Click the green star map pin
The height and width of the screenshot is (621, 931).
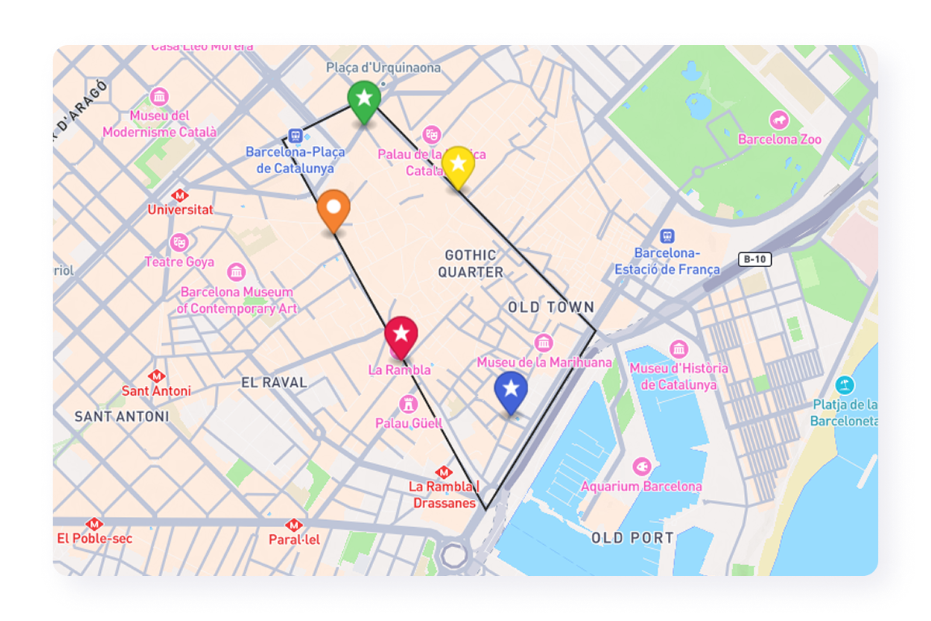click(363, 99)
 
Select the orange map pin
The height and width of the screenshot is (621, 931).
click(334, 208)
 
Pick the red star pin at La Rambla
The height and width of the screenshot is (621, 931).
click(401, 335)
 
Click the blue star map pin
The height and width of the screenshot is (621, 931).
click(510, 390)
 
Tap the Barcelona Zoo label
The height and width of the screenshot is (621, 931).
click(780, 140)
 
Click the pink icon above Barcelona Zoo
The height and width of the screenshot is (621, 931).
click(779, 120)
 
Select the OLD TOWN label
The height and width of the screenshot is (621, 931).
click(551, 307)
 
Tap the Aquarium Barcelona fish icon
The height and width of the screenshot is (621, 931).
click(641, 467)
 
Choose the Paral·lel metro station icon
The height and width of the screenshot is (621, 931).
click(293, 525)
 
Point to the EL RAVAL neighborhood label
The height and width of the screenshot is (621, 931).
click(274, 383)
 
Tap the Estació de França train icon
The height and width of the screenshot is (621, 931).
click(666, 236)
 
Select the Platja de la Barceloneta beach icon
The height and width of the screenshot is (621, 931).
click(844, 384)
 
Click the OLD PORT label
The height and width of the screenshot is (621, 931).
click(632, 538)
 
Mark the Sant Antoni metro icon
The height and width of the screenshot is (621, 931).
click(156, 376)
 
